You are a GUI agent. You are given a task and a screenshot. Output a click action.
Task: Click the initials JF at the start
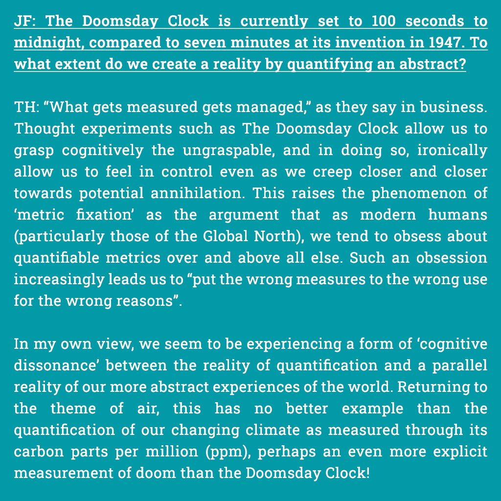click(23, 22)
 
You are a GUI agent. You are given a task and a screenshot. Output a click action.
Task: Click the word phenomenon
click(420, 193)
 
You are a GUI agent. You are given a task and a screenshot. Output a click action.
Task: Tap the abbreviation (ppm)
click(228, 452)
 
